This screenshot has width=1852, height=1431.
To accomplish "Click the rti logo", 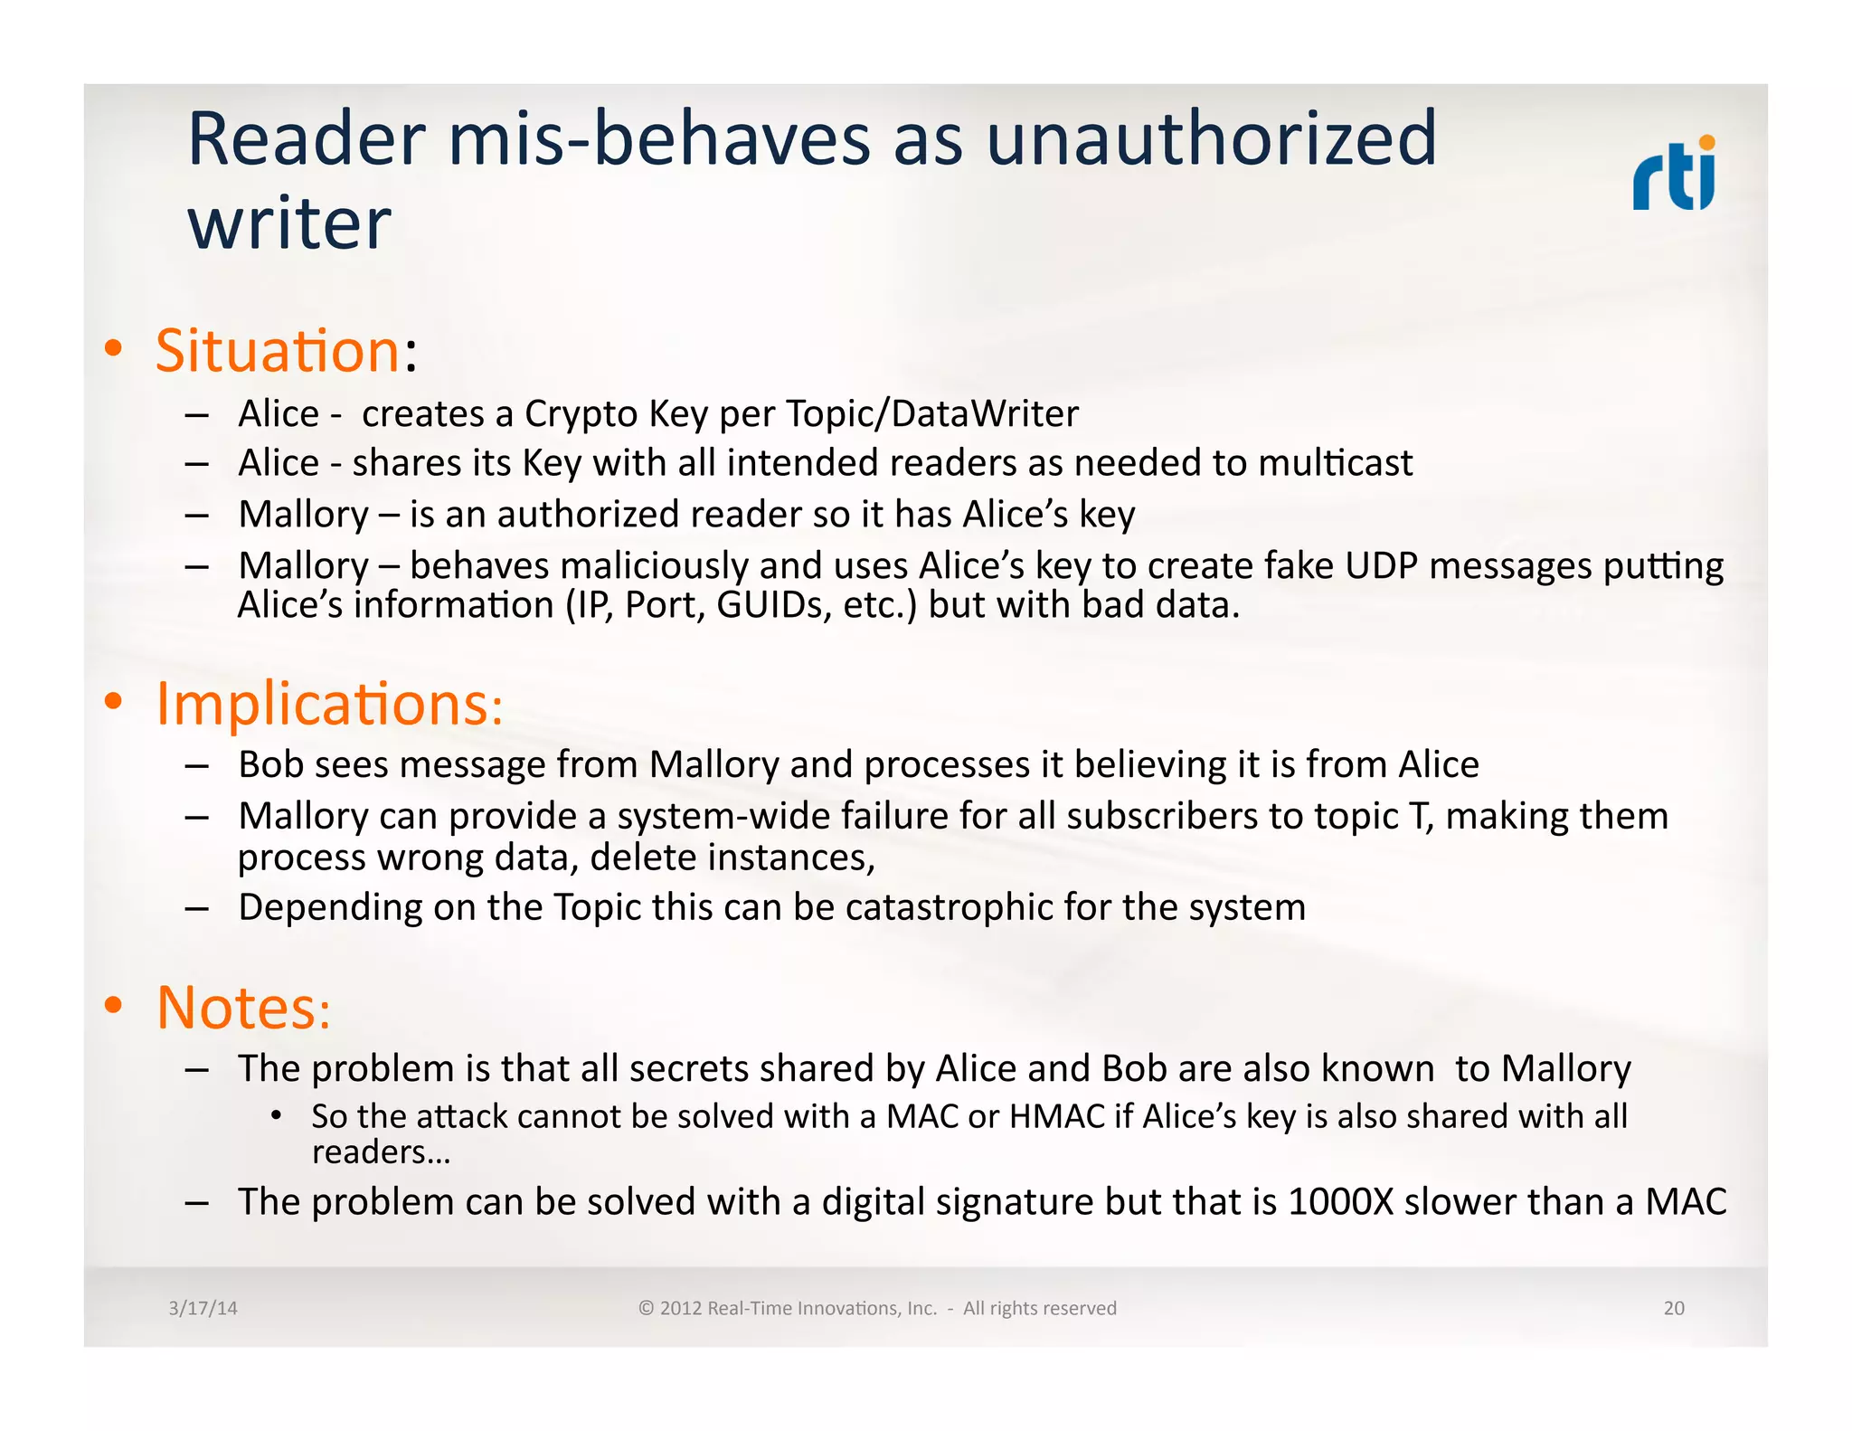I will pyautogui.click(x=1674, y=174).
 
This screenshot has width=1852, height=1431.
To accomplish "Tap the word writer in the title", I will pyautogui.click(x=288, y=223).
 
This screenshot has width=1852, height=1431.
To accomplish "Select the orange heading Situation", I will pyautogui.click(x=278, y=351).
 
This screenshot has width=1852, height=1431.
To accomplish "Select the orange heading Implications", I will pyautogui.click(x=323, y=704).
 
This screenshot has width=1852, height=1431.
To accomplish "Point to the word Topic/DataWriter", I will pyautogui.click(x=931, y=414).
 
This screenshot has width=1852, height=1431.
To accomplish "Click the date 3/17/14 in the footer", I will pyautogui.click(x=203, y=1308).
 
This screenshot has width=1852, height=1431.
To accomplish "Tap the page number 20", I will pyautogui.click(x=1673, y=1308).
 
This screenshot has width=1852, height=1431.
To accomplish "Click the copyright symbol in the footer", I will pyautogui.click(x=646, y=1308).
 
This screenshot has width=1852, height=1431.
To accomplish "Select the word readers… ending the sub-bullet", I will pyautogui.click(x=381, y=1153).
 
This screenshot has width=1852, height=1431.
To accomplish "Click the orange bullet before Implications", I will pyautogui.click(x=113, y=701).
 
